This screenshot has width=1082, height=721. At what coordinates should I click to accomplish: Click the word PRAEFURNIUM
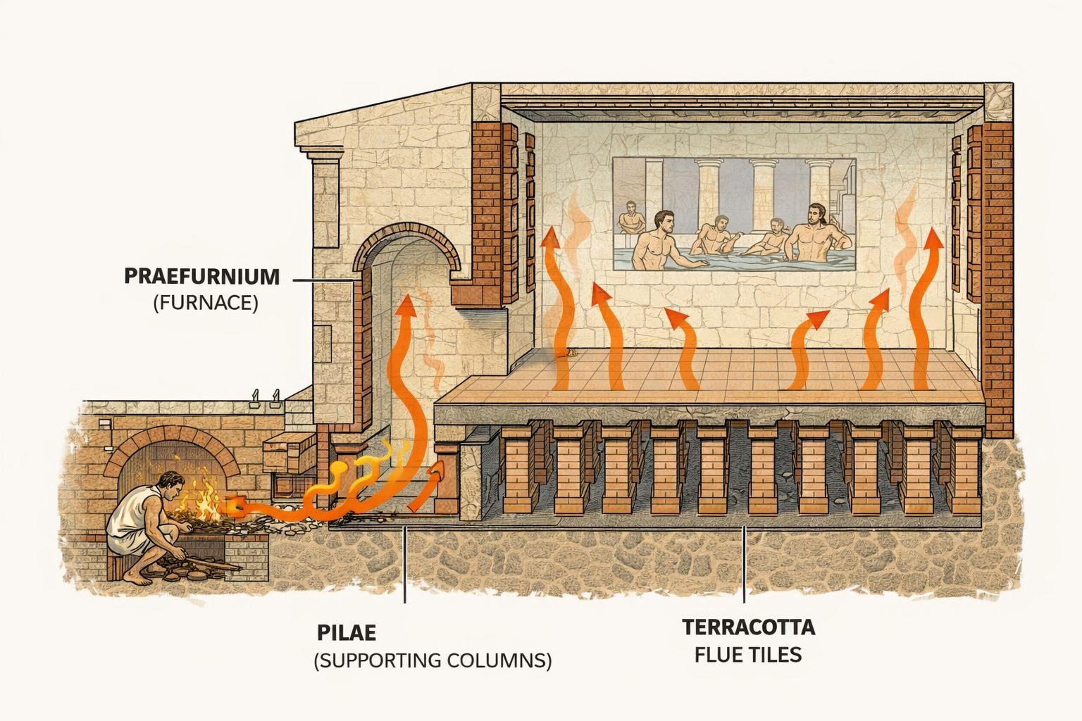201,276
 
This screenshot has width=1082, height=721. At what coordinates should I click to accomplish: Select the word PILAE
347,632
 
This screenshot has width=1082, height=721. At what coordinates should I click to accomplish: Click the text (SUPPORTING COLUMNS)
433,661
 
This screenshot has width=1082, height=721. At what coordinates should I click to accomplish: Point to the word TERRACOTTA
749,627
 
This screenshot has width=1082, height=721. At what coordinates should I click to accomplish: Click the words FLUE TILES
749,655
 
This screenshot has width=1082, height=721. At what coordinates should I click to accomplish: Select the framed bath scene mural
734,214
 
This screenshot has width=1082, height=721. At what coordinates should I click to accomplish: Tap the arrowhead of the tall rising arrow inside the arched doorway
406,306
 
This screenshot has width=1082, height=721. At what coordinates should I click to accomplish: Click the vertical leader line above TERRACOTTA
745,563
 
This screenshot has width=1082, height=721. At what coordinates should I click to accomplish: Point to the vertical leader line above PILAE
405,567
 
